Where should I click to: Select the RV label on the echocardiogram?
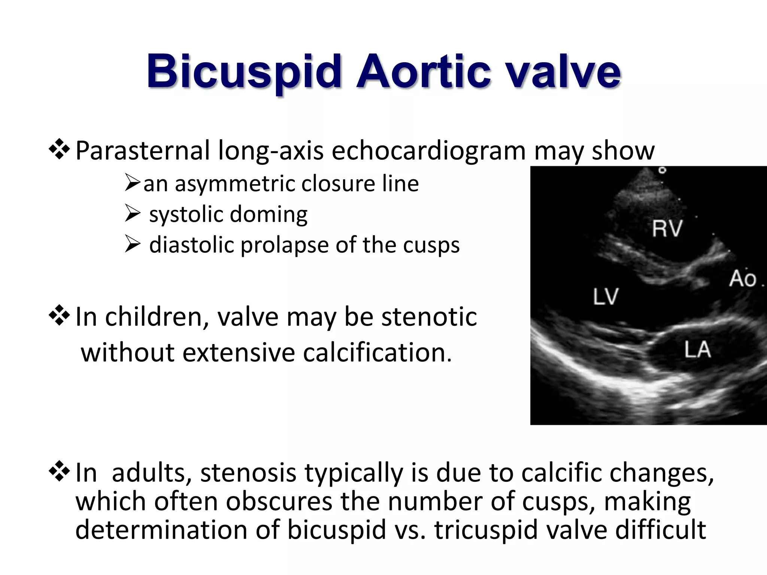[667, 228]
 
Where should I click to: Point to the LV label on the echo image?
[606, 297]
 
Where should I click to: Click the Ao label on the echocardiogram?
[742, 279]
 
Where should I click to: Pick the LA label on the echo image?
[698, 350]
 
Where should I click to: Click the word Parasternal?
[142, 150]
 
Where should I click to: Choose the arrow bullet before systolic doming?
[132, 214]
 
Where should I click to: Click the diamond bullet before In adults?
[59, 471]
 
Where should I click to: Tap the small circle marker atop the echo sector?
[662, 170]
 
